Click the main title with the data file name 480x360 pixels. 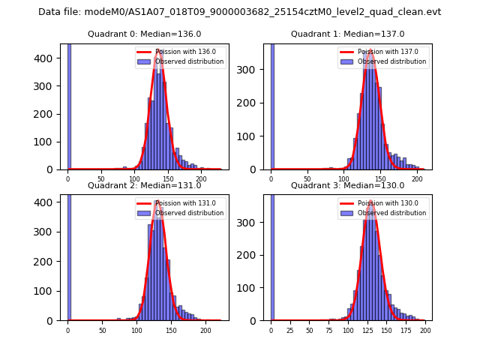[x=240, y=12]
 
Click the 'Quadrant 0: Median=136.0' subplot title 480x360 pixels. [x=144, y=34]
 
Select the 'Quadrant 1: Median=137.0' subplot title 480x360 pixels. [x=347, y=34]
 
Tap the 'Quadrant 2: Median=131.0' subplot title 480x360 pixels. [x=144, y=185]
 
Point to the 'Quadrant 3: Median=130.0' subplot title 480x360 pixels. [x=347, y=185]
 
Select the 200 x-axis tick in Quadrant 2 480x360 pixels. [x=205, y=330]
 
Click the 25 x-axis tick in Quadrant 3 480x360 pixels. [x=290, y=330]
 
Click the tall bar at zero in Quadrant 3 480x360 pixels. [x=272, y=255]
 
